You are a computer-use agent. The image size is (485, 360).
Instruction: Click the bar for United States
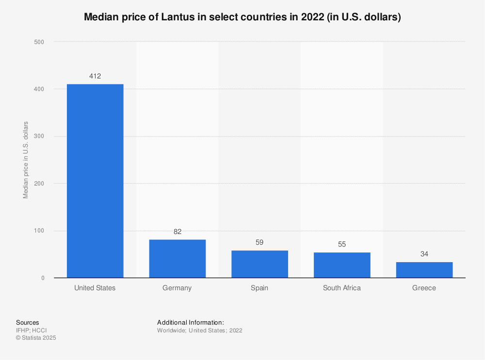[95, 181]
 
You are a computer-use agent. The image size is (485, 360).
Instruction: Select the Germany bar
[178, 259]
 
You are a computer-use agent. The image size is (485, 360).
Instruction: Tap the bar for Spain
[259, 264]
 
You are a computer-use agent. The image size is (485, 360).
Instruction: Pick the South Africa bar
[342, 265]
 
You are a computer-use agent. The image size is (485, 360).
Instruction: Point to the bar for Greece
[424, 270]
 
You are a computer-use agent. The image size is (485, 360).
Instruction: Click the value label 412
[95, 76]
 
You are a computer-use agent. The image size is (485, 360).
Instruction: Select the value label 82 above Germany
[178, 232]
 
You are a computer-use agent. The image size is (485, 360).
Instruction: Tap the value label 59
[259, 242]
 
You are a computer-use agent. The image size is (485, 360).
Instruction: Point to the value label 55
[342, 244]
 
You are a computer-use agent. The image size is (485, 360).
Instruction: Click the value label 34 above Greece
[424, 254]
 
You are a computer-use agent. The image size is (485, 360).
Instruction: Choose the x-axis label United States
[95, 288]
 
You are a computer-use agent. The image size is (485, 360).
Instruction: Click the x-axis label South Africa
[342, 288]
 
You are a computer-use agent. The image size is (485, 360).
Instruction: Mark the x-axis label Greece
[424, 288]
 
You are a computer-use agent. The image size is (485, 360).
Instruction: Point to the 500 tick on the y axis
[39, 42]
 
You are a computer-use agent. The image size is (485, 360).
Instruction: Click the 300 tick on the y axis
[39, 137]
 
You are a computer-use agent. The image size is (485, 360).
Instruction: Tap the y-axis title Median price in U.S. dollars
[26, 160]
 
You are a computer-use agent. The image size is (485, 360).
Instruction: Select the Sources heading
[28, 322]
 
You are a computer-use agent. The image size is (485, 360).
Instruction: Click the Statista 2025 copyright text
[36, 338]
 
